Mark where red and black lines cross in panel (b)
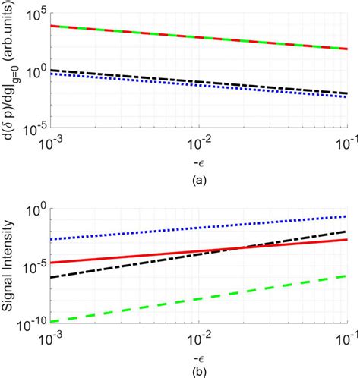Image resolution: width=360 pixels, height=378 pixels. click(x=238, y=248)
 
